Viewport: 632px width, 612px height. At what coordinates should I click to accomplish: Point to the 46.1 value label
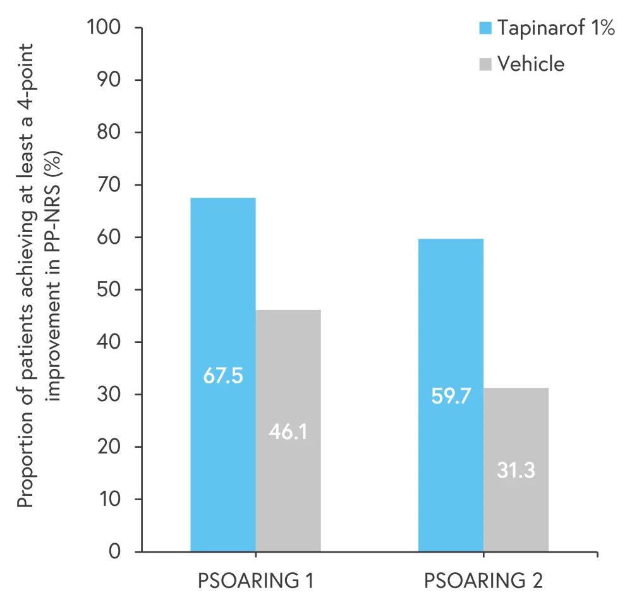click(288, 434)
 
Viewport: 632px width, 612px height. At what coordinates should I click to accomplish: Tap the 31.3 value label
click(516, 471)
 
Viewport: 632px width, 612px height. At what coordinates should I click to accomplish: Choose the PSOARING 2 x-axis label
click(483, 580)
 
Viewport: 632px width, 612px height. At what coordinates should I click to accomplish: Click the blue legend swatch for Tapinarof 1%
click(485, 28)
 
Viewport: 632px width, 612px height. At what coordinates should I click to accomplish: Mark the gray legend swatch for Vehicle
click(485, 64)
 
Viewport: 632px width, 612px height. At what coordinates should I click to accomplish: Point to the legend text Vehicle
click(531, 64)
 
